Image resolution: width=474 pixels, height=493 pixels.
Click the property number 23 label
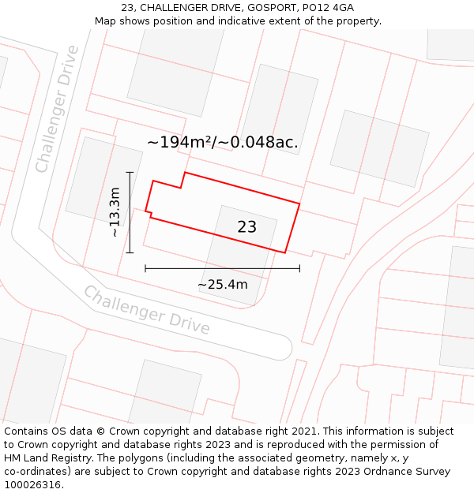tap(246, 227)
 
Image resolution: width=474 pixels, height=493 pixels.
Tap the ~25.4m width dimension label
tap(222, 285)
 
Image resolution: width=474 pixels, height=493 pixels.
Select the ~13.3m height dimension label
tap(115, 211)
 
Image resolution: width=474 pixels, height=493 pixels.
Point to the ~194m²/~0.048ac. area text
tap(223, 143)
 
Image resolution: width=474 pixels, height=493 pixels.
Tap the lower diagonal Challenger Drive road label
tap(147, 310)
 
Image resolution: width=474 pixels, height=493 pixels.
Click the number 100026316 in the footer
tap(34, 484)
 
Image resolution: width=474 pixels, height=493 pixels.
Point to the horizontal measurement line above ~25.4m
tap(222, 269)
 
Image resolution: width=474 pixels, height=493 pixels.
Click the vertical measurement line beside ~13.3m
tap(130, 211)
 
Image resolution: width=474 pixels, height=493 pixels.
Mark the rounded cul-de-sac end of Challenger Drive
tap(282, 347)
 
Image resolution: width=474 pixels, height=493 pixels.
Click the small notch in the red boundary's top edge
tap(182, 181)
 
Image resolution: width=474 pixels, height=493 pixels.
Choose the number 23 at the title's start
tap(127, 8)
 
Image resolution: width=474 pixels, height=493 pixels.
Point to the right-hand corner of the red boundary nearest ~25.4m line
tap(284, 252)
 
